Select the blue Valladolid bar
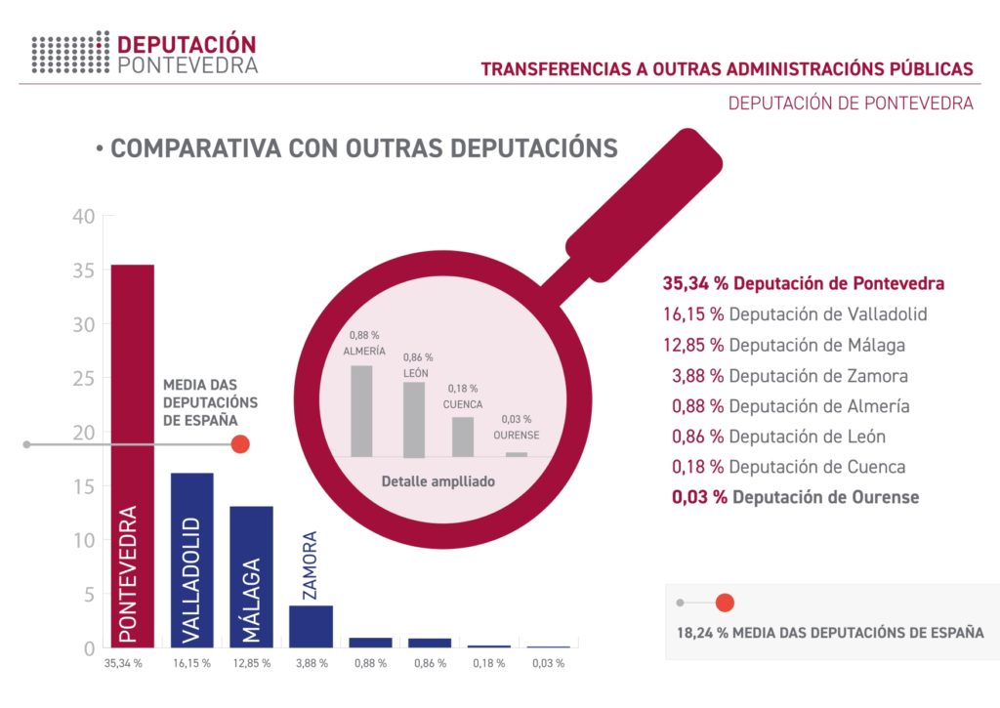191,560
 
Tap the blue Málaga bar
251,576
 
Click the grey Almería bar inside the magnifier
361,410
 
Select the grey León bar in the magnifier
414,419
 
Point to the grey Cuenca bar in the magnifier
463,437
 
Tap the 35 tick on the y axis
83,271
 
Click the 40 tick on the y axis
83,217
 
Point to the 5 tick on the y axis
88,594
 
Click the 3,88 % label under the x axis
311,664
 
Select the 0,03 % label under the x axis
549,664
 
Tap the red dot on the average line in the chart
240,444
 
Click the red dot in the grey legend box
725,603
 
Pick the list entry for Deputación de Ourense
795,496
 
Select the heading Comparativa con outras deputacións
356,148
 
